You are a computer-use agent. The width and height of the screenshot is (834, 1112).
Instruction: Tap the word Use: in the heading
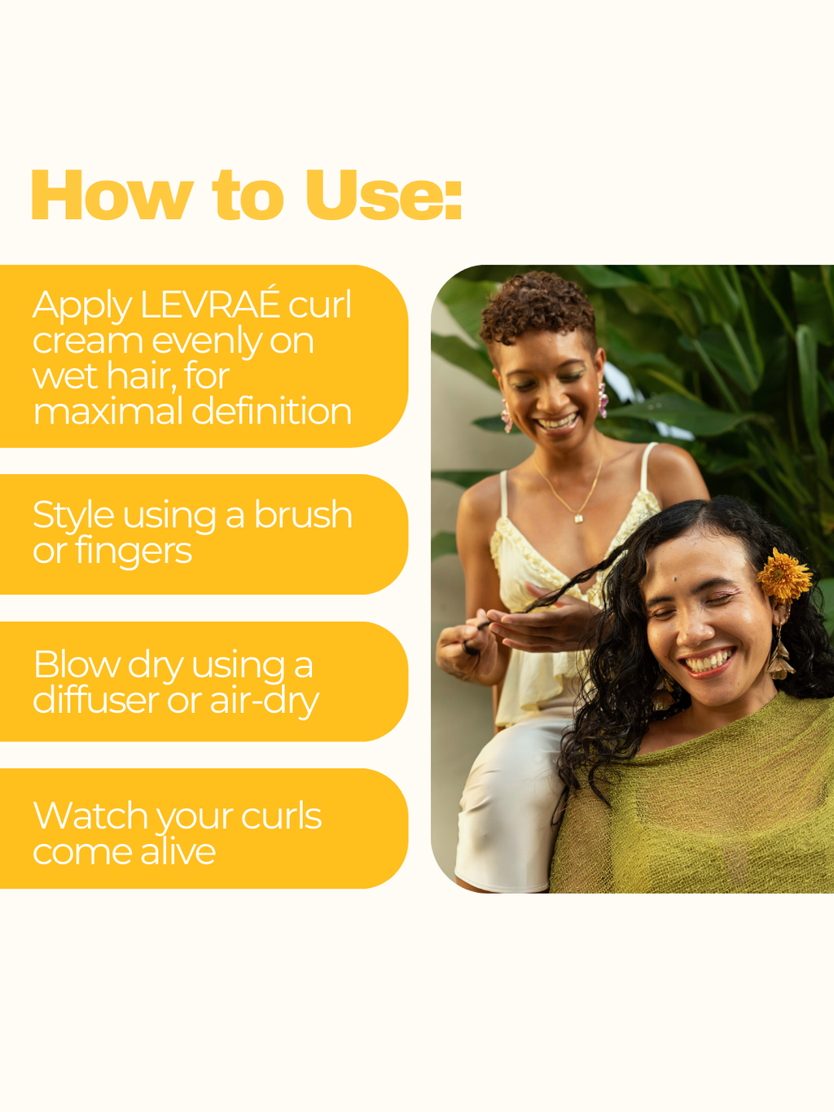pos(384,195)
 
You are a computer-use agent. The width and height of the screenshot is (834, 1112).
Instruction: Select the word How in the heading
pos(112,195)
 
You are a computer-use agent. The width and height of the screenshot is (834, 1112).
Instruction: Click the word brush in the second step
pos(303,515)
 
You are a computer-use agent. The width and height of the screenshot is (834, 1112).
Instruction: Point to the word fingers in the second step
pos(134,551)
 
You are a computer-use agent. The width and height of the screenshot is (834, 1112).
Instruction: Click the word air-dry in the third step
pos(265,701)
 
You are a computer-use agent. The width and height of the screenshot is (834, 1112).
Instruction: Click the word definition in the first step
pos(271,411)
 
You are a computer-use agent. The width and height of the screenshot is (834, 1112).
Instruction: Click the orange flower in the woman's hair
pos(784,576)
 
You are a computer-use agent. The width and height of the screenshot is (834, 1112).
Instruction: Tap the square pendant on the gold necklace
pos(578,518)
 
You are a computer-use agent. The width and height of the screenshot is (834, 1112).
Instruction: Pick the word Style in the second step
pos(73,516)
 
